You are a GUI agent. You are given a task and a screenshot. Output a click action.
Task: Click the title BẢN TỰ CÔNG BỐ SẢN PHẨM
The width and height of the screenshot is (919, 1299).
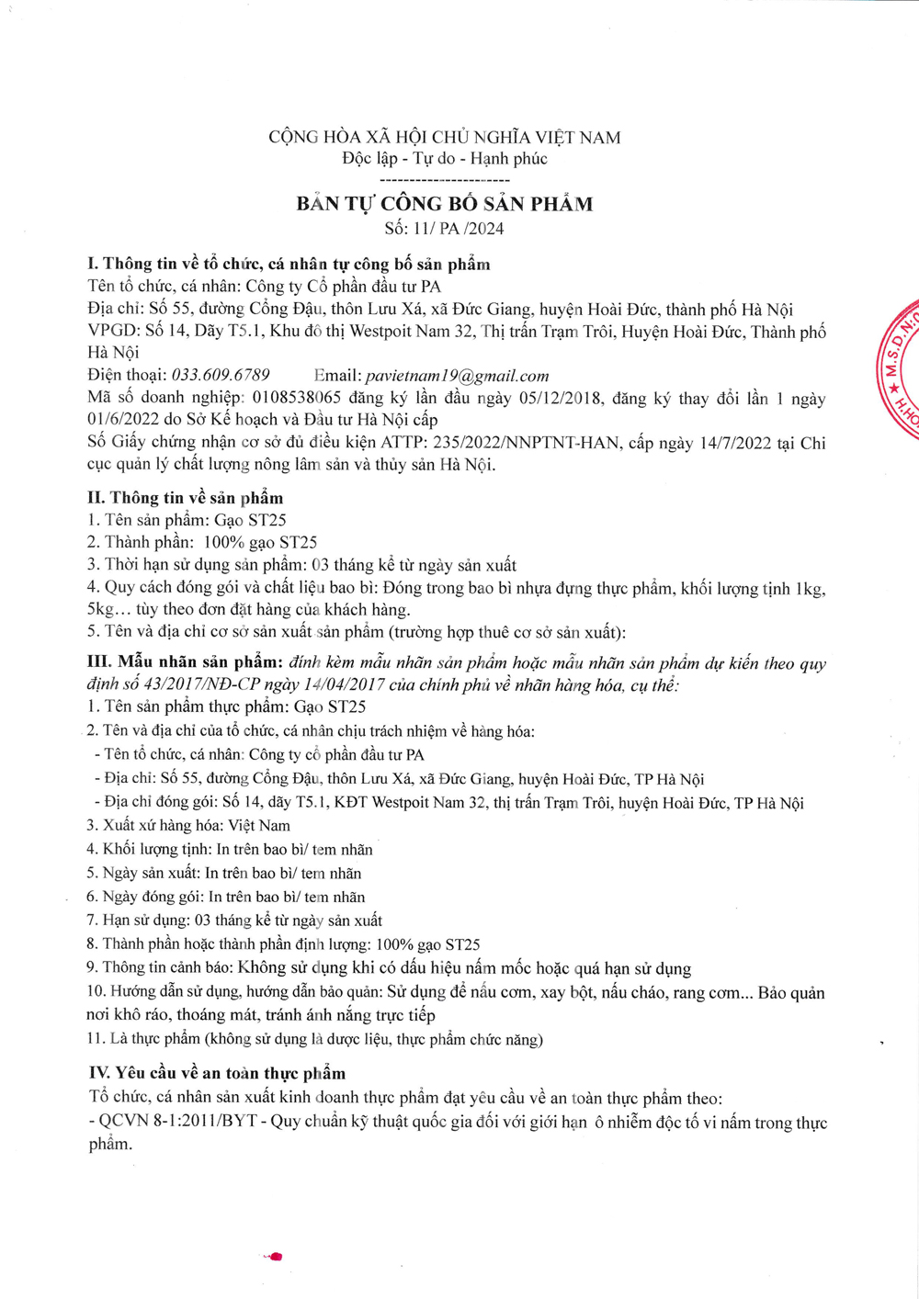click(x=445, y=204)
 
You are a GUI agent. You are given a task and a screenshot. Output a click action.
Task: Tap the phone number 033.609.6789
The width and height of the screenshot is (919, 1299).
click(x=221, y=375)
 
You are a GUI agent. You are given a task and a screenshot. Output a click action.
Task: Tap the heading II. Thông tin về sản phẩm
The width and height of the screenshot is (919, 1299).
click(x=186, y=498)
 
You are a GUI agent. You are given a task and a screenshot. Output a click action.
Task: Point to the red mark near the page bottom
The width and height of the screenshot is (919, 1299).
click(x=275, y=1256)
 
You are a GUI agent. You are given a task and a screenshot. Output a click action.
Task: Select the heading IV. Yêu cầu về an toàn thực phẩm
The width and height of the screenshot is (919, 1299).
click(x=218, y=1073)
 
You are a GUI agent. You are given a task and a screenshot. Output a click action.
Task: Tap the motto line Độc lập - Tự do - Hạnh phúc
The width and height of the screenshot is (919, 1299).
click(x=445, y=159)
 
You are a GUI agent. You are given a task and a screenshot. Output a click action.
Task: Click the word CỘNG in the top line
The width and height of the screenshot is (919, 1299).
click(x=293, y=138)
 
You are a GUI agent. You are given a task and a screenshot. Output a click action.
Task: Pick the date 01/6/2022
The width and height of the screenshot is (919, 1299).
click(x=123, y=420)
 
